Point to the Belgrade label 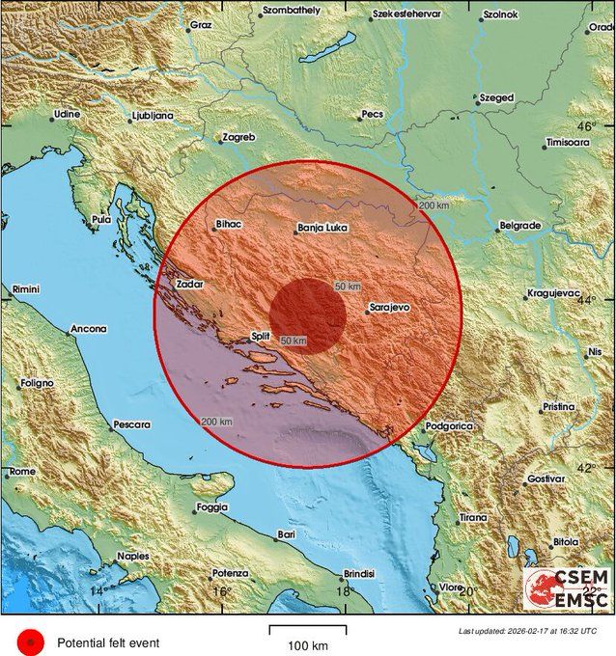518,226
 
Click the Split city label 259,337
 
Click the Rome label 21,471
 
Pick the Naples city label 132,556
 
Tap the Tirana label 473,517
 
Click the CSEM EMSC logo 566,588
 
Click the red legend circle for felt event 30,641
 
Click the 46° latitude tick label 586,126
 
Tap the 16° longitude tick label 221,591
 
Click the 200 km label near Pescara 217,422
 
